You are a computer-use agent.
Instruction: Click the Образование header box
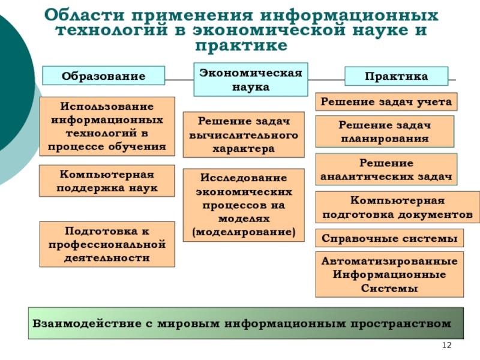(103, 76)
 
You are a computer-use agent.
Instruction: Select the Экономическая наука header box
(250, 79)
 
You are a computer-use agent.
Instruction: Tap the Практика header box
(396, 76)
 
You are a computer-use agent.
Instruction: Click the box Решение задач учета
(386, 102)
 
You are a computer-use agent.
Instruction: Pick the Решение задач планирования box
(384, 131)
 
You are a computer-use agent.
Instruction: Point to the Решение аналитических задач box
(386, 169)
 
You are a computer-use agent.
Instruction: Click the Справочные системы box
(389, 238)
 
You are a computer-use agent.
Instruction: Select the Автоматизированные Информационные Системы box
(389, 275)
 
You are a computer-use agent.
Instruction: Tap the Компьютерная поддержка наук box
(107, 181)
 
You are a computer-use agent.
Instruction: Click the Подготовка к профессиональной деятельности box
(107, 244)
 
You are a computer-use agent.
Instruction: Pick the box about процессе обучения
(107, 127)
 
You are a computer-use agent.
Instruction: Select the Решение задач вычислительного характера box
(243, 135)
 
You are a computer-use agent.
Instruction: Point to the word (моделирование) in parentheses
(244, 231)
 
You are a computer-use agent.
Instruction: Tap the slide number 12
(446, 345)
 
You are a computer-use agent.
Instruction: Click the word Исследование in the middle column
(244, 179)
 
